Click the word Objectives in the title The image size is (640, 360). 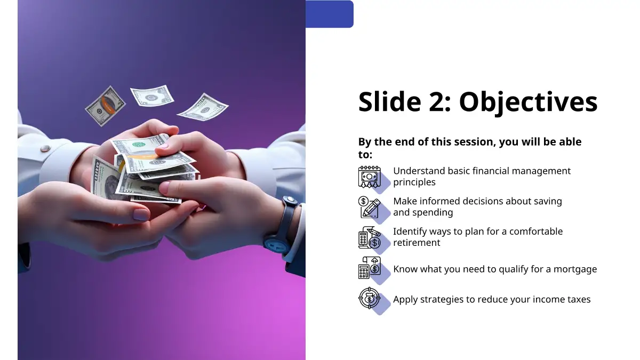tap(528, 102)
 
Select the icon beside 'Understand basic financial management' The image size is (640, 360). tap(370, 177)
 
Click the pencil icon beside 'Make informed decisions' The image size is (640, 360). tap(369, 207)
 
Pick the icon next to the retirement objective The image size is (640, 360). tap(370, 238)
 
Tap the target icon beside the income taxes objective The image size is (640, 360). tap(370, 298)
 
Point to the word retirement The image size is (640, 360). tap(417, 243)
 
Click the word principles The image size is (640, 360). tap(414, 182)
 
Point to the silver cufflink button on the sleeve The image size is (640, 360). tap(45, 148)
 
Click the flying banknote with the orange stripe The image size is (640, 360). tap(105, 106)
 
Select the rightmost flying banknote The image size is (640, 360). tap(203, 107)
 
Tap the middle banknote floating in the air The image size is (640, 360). tap(153, 95)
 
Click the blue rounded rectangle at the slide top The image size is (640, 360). tap(330, 14)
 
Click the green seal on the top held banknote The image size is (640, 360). tap(139, 145)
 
